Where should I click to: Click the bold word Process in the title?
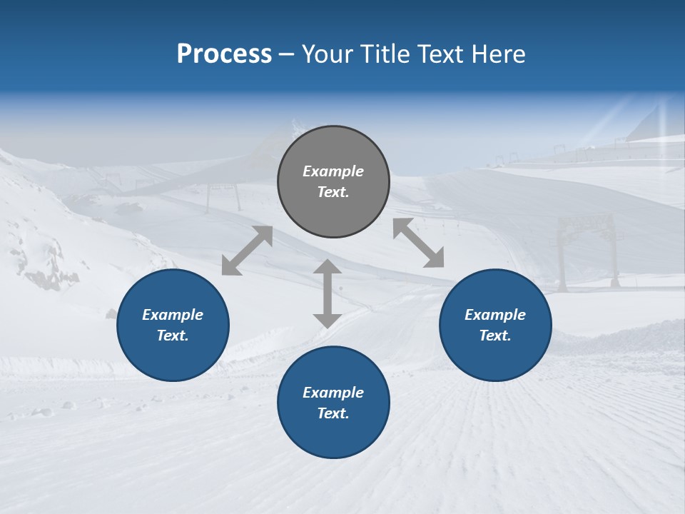pos(224,54)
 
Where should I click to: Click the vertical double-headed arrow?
pos(327,293)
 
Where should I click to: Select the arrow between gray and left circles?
pos(247,251)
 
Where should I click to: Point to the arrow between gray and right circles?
pos(418,243)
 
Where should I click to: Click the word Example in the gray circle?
pos(333,171)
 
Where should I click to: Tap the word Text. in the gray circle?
pos(333,192)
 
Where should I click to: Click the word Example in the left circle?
pos(173,315)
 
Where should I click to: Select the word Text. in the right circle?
pos(495,336)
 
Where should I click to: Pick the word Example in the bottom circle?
pos(333,393)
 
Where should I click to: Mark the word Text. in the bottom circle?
pos(333,413)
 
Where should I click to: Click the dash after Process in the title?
pos(286,54)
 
